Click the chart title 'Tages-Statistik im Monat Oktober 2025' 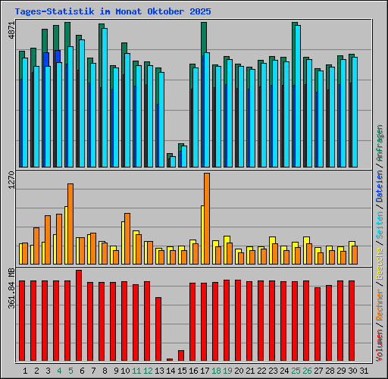(113, 12)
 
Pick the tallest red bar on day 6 (79, 315)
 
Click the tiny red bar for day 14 (170, 359)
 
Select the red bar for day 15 (181, 356)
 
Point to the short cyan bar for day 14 (173, 161)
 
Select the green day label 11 (136, 371)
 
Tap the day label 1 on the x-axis (26, 371)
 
